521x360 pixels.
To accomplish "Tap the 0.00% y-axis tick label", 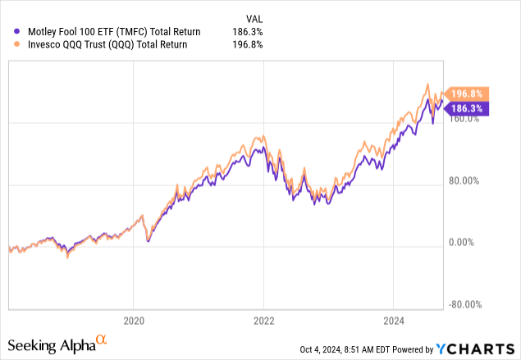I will tap(468, 243).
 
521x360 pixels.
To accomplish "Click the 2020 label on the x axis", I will tap(134, 321).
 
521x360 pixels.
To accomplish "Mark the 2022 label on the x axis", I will tap(263, 321).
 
